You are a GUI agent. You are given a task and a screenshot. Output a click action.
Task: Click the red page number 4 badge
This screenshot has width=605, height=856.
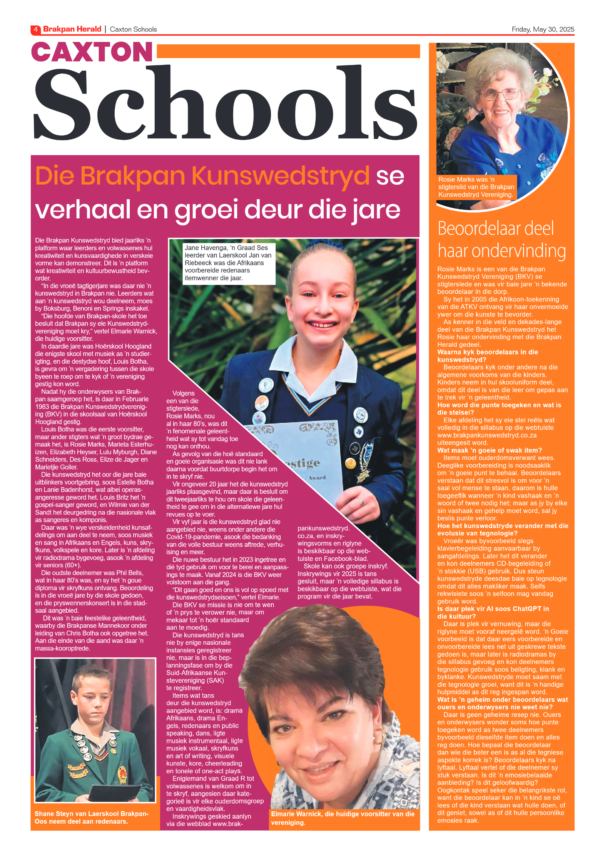pos(35,29)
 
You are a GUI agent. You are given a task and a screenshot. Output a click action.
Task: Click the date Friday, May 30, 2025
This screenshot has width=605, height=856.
pos(543,29)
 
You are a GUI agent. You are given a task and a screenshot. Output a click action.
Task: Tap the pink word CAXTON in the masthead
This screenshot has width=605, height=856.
pos(92,52)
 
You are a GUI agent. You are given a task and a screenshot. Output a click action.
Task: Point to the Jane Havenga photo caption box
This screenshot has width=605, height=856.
pos(229,263)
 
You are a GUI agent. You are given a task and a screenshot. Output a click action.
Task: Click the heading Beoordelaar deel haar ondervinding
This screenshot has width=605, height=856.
pos(501,239)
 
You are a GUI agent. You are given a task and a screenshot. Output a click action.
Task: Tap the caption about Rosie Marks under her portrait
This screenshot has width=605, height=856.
pos(476,187)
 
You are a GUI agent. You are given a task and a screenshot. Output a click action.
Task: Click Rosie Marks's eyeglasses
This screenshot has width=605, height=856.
pos(500,94)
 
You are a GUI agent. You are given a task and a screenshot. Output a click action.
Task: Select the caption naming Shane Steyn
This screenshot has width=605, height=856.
pos(92,818)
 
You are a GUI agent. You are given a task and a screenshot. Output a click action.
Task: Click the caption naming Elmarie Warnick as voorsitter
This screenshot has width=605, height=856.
pos(343,818)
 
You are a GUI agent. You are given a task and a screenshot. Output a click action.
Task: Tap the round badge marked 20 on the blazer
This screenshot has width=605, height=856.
pos(359,431)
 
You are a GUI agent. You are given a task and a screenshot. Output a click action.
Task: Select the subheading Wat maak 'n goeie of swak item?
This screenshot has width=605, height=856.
pos(490,450)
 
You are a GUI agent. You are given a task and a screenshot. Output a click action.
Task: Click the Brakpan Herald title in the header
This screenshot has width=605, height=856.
pos(72,29)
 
